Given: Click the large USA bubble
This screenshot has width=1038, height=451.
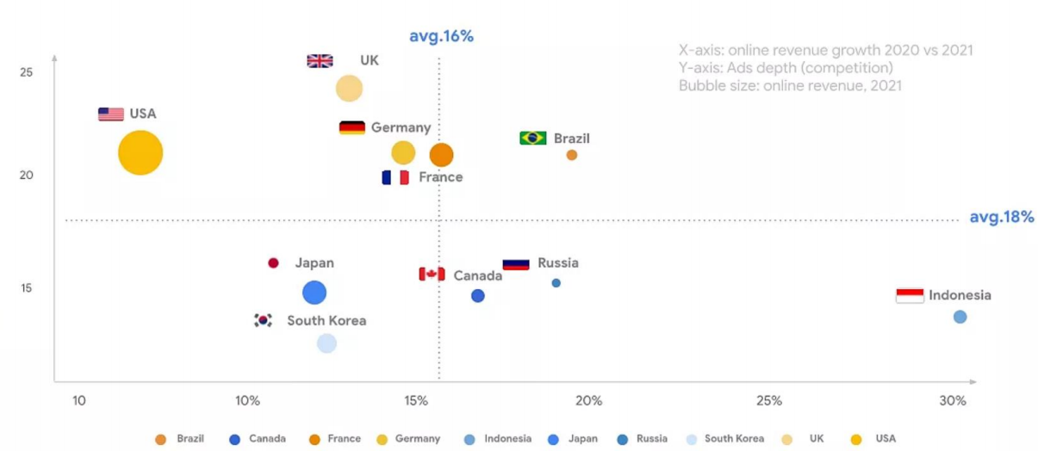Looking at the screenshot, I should (x=140, y=153).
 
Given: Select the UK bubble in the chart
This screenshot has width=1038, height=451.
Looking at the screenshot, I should (x=349, y=88).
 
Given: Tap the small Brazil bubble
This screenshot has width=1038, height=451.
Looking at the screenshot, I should (x=571, y=155).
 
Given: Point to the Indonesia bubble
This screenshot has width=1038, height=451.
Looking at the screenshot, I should (x=960, y=317).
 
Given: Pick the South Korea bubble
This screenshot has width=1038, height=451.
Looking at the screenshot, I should (x=326, y=343).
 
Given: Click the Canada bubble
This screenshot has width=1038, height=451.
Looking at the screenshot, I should (x=478, y=296).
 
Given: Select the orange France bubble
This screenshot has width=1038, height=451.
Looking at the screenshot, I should (x=441, y=155).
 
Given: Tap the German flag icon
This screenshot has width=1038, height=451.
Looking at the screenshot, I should (x=351, y=128).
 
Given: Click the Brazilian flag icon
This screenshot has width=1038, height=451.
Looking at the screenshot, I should (x=533, y=139).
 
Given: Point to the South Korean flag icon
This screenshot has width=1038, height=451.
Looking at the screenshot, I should (x=263, y=320).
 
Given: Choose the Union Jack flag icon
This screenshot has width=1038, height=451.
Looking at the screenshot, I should (x=320, y=61).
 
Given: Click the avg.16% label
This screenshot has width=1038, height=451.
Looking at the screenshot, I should (x=441, y=37).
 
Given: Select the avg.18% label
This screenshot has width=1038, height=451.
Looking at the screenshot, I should (x=1001, y=217).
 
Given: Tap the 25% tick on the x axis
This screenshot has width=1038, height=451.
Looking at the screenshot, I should (x=768, y=401).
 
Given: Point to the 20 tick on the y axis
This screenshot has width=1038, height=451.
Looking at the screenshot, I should (x=27, y=176).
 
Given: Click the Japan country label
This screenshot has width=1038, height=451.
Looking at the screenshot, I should (x=314, y=263).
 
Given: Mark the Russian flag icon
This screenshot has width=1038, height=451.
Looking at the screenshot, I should (x=516, y=263).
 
